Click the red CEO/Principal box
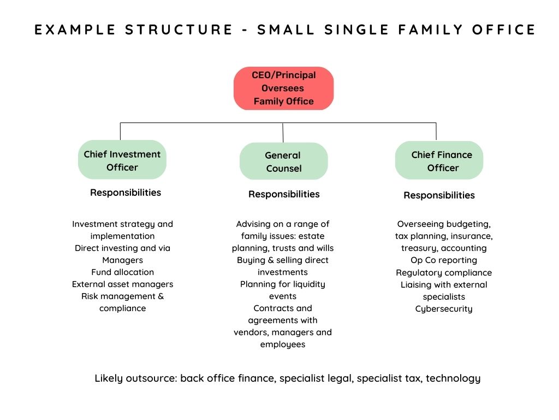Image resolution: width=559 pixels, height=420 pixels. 283,88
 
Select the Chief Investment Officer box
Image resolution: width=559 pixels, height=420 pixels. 122,160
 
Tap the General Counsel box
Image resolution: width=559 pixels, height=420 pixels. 283,162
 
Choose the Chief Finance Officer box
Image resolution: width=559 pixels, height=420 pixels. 439,161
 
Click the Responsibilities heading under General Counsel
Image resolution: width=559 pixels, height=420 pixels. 284,194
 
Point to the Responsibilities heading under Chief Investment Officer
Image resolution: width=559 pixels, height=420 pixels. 126,192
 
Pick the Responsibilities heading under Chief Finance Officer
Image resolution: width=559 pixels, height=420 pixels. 439,195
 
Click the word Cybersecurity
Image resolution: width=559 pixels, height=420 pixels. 444,309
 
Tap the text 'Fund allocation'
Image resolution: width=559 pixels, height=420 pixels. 122,272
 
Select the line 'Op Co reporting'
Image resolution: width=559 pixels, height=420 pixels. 444,260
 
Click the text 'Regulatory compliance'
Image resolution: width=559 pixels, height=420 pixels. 444,272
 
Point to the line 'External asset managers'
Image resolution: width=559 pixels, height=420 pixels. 122,284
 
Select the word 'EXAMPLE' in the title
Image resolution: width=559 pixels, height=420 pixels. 74,30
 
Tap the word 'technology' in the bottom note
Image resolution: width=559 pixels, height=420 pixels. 453,378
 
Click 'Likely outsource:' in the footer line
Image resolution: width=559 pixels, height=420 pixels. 135,378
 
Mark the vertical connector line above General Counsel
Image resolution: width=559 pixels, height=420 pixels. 283,132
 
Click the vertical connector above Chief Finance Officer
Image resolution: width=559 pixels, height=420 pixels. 436,131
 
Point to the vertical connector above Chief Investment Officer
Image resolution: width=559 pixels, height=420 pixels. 121,131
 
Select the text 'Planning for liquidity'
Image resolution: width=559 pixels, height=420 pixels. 283,284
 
